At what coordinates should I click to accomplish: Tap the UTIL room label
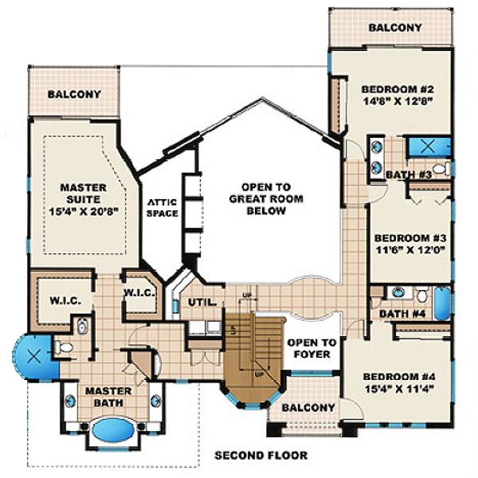click(202, 302)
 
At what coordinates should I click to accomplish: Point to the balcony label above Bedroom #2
click(395, 27)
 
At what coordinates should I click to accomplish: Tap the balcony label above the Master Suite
click(74, 94)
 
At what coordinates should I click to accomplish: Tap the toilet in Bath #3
click(445, 168)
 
